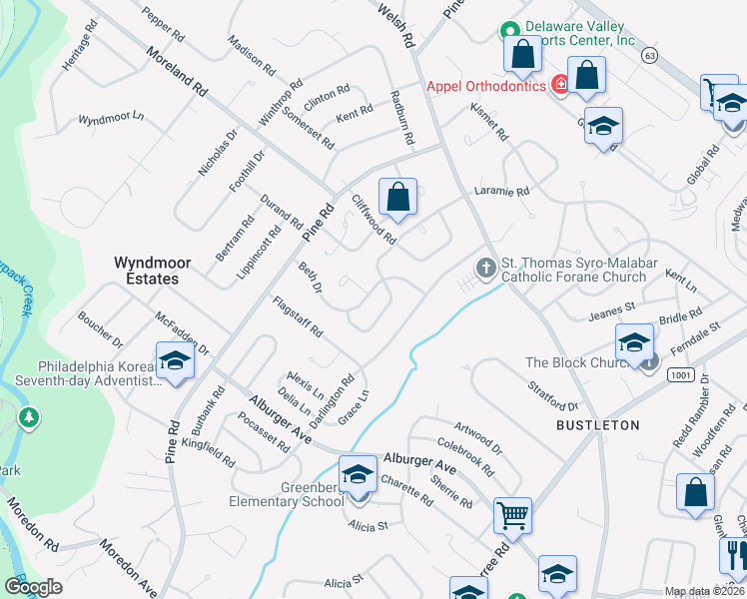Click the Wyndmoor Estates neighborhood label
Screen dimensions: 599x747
click(x=146, y=270)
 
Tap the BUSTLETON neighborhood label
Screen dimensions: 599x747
click(x=598, y=424)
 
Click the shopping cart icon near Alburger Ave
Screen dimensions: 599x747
click(x=512, y=516)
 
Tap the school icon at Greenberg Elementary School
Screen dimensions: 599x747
click(x=357, y=474)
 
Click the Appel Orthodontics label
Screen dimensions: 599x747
click(x=486, y=86)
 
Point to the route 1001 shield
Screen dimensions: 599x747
click(x=682, y=374)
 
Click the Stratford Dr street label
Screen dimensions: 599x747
click(x=553, y=393)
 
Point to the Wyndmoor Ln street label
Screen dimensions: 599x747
click(x=111, y=118)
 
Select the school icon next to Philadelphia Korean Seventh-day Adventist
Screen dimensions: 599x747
click(x=175, y=360)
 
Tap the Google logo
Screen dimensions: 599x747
click(x=33, y=587)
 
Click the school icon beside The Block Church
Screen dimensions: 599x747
click(x=633, y=342)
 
